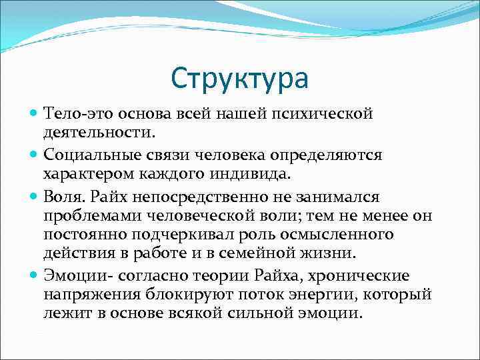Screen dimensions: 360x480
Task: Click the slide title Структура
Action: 240,78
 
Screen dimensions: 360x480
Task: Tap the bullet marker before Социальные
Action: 35,155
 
